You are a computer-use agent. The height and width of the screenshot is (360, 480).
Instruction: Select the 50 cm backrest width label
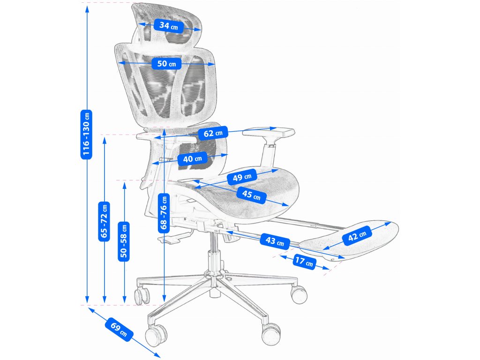tap(166, 63)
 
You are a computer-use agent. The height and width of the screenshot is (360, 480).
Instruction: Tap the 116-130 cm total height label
tap(86, 134)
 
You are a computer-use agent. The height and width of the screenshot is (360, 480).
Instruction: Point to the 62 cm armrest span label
tap(212, 134)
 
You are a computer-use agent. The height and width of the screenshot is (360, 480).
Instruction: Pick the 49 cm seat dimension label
tap(242, 178)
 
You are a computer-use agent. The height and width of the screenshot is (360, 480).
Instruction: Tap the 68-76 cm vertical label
tap(164, 213)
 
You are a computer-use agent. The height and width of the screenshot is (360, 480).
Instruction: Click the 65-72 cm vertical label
tap(104, 221)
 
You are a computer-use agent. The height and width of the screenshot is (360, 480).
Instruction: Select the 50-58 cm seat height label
tap(124, 240)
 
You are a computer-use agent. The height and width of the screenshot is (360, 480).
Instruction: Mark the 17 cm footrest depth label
tap(303, 262)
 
